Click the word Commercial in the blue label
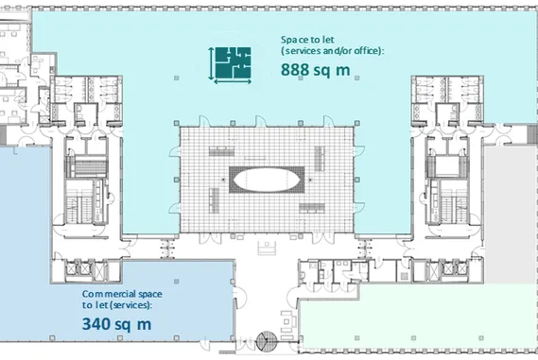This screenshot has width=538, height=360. coord(103,294)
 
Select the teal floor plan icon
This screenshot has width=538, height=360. coord(234,62)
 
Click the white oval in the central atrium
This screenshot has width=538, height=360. coord(267,180)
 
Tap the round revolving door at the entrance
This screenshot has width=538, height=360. coord(267,341)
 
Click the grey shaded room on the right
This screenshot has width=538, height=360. coord(511,215)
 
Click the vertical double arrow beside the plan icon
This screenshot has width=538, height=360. coord(211,63)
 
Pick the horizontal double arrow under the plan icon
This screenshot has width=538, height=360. coord(233,81)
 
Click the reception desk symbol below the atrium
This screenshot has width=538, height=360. coord(267,248)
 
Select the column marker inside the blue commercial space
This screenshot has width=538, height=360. coord(176,282)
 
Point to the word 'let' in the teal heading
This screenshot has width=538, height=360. coord(329,40)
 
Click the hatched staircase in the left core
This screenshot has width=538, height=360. coord(87,167)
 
